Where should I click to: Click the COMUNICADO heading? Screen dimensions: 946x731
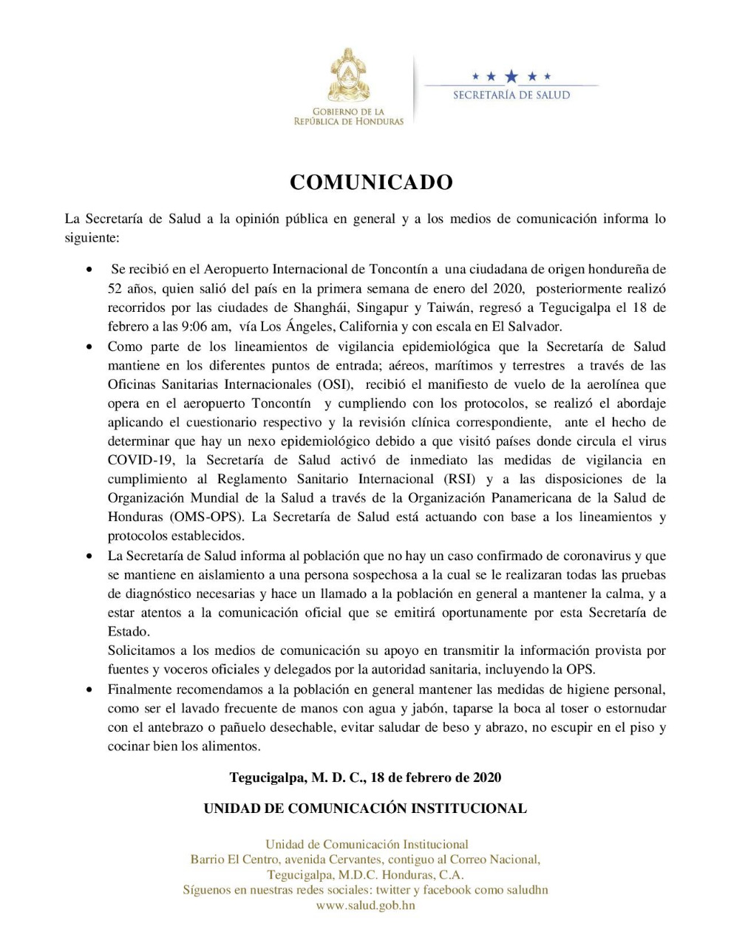[x=371, y=183]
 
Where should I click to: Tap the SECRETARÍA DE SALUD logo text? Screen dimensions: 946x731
[x=511, y=95]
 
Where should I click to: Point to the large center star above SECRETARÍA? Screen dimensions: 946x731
[x=511, y=76]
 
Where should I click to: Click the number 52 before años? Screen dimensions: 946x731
[x=115, y=287]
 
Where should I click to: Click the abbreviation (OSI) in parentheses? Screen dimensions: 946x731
[x=337, y=384]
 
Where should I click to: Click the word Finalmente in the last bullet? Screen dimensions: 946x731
[x=143, y=690]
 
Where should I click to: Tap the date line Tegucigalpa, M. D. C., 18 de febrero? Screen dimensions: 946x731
[x=365, y=777]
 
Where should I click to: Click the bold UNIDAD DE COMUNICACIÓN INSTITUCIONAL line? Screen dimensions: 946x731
[x=365, y=809]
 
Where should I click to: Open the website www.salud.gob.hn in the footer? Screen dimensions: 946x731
[x=365, y=905]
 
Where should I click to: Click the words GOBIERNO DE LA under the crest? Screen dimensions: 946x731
[x=349, y=112]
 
